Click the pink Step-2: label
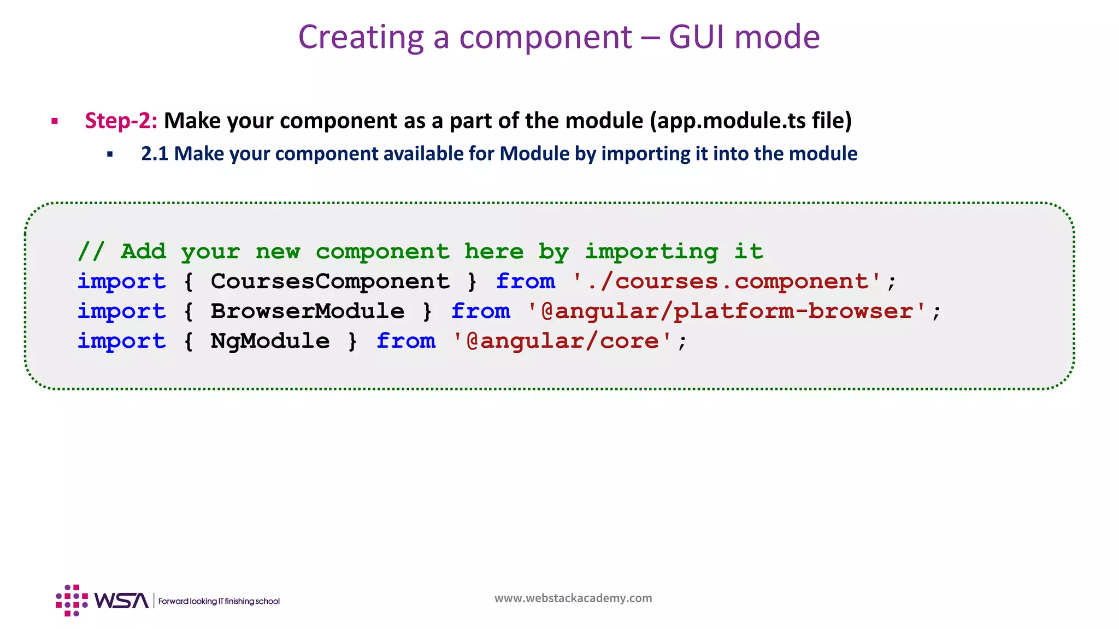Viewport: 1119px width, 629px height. click(x=121, y=121)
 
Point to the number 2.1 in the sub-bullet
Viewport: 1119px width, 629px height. click(x=155, y=154)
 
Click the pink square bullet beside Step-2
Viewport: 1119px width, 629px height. click(x=55, y=121)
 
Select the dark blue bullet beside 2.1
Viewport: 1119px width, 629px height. click(x=110, y=155)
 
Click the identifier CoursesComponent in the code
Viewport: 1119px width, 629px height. click(x=330, y=282)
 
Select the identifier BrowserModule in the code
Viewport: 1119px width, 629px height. click(x=308, y=311)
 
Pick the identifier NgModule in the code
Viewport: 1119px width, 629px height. click(x=270, y=341)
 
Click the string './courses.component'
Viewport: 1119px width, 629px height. click(x=727, y=282)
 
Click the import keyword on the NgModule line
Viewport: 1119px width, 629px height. click(x=121, y=341)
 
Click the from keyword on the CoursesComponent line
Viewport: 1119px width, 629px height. click(x=525, y=282)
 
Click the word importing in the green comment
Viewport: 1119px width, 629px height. click(x=651, y=252)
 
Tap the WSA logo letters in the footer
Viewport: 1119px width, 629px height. click(x=121, y=601)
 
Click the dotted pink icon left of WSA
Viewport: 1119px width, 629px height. click(x=72, y=601)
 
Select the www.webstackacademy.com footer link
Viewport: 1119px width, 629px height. click(x=573, y=598)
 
